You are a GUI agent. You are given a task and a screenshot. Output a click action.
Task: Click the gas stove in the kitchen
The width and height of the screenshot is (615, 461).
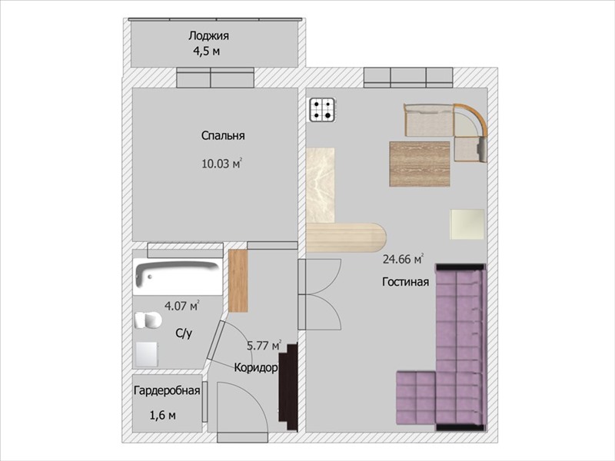tap(322, 110)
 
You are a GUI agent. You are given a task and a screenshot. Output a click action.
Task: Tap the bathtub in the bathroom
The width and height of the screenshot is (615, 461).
tap(178, 276)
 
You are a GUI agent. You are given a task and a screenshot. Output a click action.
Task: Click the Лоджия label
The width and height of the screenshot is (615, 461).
tap(208, 36)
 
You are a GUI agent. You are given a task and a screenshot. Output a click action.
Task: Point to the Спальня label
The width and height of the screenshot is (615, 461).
tap(223, 136)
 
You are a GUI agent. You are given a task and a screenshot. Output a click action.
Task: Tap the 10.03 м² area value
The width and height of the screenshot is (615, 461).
tap(221, 164)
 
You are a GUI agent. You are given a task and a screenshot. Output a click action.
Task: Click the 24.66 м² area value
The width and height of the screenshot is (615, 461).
tap(403, 259)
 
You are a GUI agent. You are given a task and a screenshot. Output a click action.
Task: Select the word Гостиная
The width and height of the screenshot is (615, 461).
tap(406, 282)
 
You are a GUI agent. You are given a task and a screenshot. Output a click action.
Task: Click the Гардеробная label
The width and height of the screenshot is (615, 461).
tap(167, 391)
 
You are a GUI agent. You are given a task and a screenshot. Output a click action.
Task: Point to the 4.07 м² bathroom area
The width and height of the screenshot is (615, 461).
tap(182, 305)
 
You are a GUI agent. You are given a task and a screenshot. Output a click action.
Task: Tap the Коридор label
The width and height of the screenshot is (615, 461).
tap(256, 368)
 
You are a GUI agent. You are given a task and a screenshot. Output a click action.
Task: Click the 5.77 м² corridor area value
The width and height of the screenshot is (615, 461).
tap(264, 346)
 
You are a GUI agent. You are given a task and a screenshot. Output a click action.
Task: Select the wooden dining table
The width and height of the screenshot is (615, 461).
tap(420, 164)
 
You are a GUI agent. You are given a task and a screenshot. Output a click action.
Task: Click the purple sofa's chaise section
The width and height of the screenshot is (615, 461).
tap(416, 397)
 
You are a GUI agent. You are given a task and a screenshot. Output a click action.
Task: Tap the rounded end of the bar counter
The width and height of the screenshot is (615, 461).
tap(377, 237)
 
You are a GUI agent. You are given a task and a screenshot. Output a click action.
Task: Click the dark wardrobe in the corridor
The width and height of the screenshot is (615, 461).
tap(288, 387)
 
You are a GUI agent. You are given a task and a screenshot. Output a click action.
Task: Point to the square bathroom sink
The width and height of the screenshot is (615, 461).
tap(147, 354)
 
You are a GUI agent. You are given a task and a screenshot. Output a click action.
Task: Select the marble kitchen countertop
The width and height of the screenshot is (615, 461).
tap(321, 185)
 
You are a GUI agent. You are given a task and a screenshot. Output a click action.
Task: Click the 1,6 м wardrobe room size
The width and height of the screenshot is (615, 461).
tap(163, 415)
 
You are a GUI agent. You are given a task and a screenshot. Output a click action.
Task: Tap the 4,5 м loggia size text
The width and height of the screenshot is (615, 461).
tap(206, 51)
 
